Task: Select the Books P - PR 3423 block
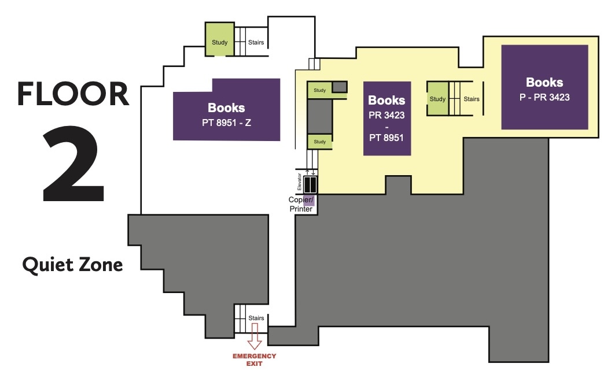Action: [544, 87]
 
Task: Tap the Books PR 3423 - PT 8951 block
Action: [387, 118]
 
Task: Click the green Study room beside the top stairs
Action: [219, 39]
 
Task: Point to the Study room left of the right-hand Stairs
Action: [437, 99]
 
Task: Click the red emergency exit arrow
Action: [255, 336]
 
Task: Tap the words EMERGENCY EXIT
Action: [255, 360]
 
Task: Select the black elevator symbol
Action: [310, 184]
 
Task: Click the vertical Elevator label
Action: [299, 182]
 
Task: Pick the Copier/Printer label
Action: [301, 205]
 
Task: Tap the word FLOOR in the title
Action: [73, 94]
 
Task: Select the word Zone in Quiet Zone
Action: [101, 265]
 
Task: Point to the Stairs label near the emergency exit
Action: [256, 318]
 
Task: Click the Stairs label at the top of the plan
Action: [256, 42]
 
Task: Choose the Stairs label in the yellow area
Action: [472, 99]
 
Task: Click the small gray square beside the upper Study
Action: [340, 87]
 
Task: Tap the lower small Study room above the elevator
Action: [319, 142]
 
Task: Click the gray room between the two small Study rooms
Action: [319, 116]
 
